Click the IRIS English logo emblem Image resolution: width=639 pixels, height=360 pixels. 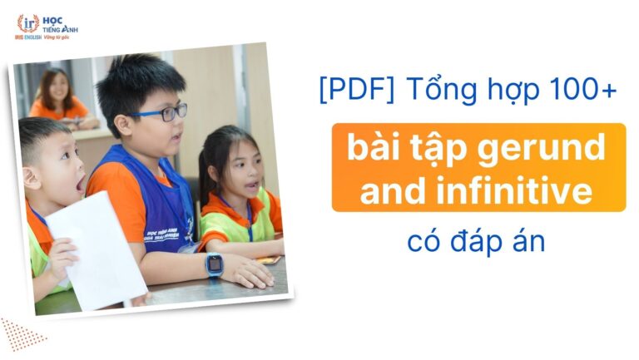point(27,22)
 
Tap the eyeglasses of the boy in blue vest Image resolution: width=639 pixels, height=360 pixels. point(159,113)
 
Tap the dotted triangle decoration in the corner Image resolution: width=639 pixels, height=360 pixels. point(20,333)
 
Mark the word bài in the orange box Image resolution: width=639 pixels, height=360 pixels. point(375,149)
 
